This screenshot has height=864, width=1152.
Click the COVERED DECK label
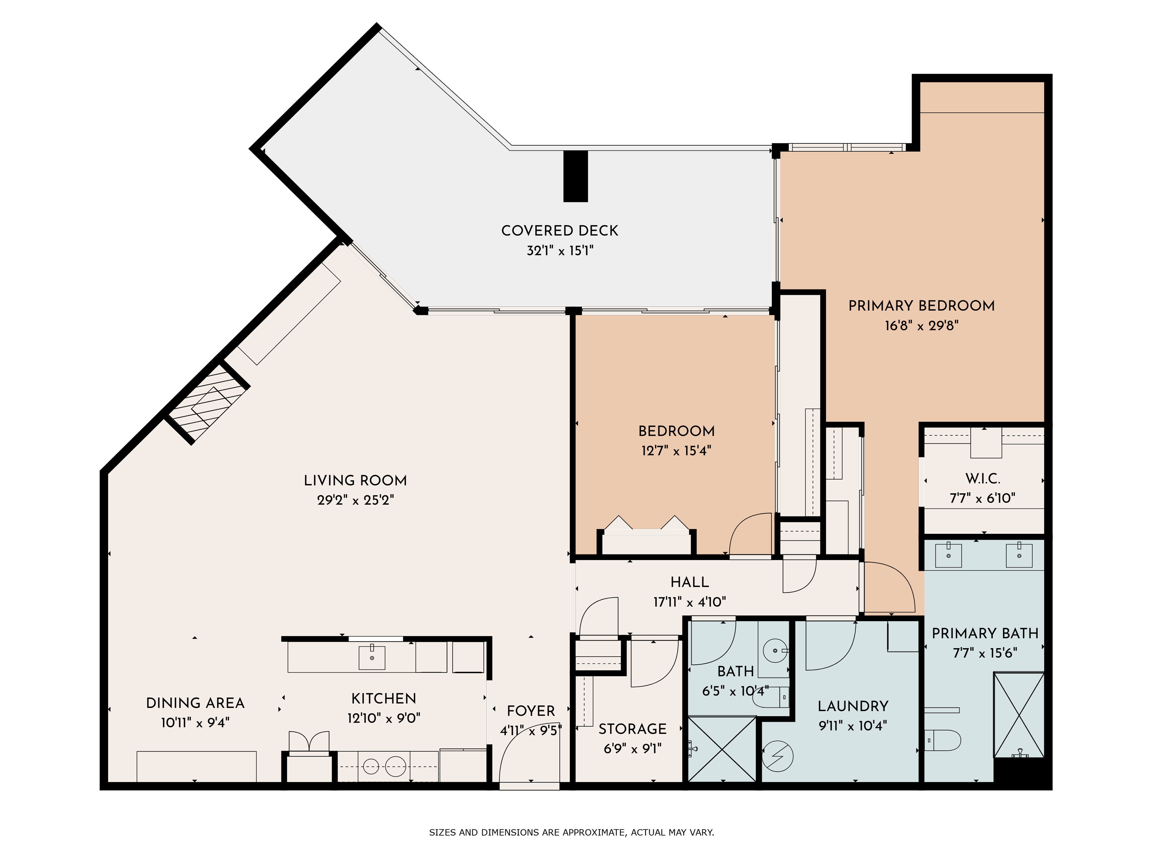(x=560, y=231)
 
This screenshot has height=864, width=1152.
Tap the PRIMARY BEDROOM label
(x=921, y=306)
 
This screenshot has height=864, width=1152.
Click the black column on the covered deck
(x=575, y=176)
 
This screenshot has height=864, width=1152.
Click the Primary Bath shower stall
(x=1019, y=715)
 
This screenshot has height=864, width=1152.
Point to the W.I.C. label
(x=982, y=479)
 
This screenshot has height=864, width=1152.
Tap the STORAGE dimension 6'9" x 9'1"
(x=632, y=749)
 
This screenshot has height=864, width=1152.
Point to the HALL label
(x=689, y=582)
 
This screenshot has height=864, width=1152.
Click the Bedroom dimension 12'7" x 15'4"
(x=676, y=451)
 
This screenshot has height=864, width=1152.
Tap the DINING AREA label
(x=195, y=703)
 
